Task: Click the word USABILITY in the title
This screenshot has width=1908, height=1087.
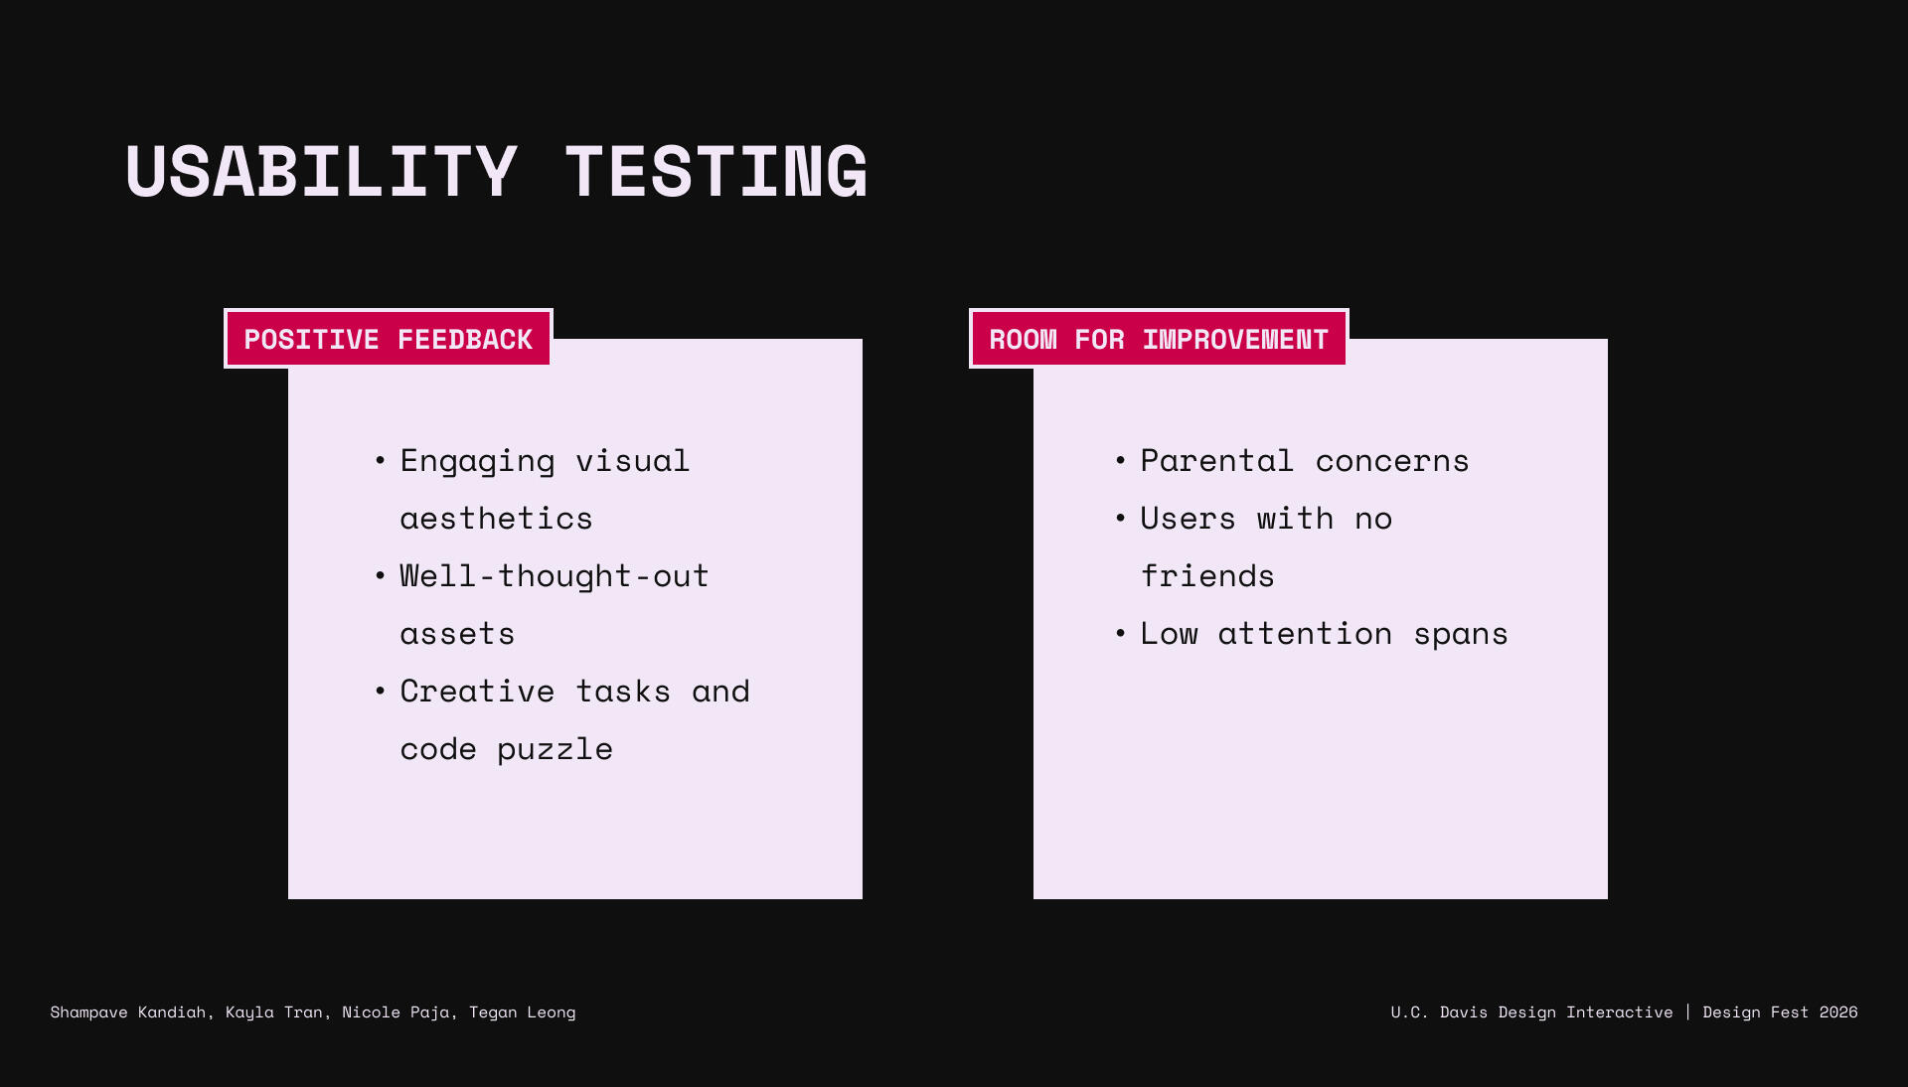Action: (x=321, y=172)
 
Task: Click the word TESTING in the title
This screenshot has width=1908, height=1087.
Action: (x=716, y=172)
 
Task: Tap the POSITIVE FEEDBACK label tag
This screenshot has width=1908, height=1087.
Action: (x=389, y=339)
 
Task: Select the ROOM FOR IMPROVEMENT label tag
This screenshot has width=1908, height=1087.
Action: (x=1159, y=339)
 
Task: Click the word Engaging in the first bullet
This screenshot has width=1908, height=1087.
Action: (x=477, y=462)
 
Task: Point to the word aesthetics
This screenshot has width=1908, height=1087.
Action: (x=496, y=519)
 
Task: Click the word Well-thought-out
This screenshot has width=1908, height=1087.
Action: (x=555, y=577)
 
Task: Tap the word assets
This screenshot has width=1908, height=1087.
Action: (x=457, y=634)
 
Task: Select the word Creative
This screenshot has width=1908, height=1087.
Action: (x=477, y=691)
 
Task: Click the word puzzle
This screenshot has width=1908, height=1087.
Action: (x=555, y=750)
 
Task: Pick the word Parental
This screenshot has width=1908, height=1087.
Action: (x=1216, y=460)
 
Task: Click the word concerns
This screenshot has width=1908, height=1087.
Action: (x=1391, y=462)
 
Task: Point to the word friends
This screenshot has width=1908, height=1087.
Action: (x=1207, y=575)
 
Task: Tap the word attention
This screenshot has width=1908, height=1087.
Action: (x=1305, y=633)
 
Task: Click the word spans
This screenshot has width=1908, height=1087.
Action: (x=1461, y=636)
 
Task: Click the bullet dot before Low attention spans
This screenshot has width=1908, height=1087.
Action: (x=1121, y=633)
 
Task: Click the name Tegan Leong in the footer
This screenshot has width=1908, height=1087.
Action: (x=523, y=1012)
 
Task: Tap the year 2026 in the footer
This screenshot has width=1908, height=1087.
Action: (x=1838, y=1012)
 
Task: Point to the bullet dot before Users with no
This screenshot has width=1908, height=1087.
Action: (x=1121, y=518)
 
